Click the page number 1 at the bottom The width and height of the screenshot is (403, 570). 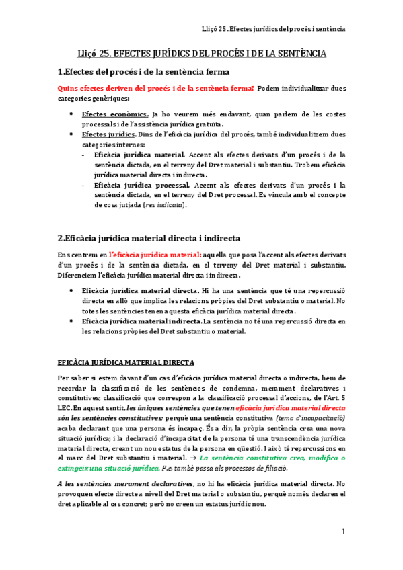342,532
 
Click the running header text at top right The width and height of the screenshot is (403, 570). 274,29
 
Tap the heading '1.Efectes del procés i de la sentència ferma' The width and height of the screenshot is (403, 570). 143,71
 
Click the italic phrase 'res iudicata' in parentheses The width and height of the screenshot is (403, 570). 163,205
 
